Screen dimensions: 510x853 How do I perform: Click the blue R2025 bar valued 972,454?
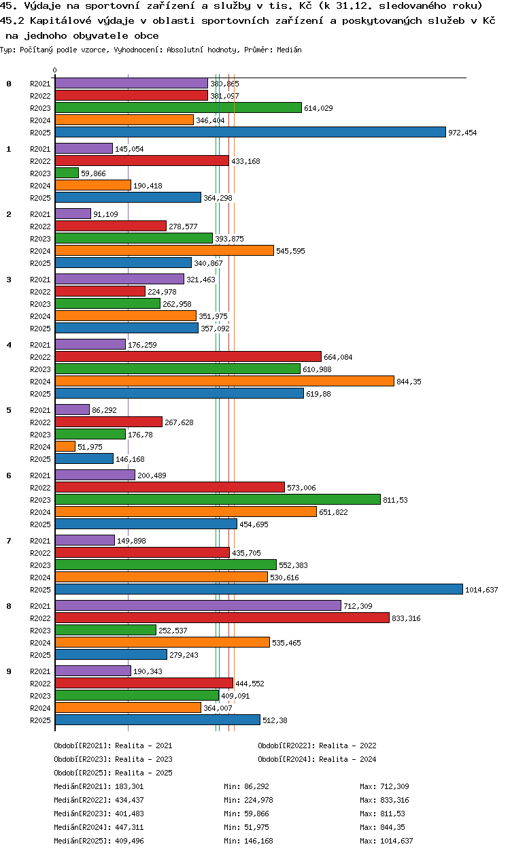click(250, 132)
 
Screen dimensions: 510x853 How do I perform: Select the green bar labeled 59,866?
click(67, 173)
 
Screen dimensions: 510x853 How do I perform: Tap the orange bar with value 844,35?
click(224, 381)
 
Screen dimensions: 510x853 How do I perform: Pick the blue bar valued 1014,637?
click(259, 589)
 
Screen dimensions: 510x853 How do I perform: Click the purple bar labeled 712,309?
click(198, 605)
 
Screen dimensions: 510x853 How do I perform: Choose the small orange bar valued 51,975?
click(65, 446)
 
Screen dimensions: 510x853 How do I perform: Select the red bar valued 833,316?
click(222, 618)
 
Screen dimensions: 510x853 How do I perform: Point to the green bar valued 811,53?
click(218, 499)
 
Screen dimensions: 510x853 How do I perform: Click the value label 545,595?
click(290, 251)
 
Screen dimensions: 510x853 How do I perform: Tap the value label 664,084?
click(338, 357)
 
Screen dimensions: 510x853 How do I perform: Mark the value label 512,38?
click(275, 720)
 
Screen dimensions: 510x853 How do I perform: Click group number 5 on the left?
click(9, 410)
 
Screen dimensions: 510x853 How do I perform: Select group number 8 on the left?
click(9, 606)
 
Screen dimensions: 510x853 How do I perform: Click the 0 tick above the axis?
click(55, 70)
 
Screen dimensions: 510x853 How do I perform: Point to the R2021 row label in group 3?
click(40, 280)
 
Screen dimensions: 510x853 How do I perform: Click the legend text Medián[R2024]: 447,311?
click(99, 827)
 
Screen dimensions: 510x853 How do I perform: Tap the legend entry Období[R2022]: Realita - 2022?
click(317, 746)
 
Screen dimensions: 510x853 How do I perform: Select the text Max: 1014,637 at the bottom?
click(386, 841)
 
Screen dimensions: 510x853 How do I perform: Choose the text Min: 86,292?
click(246, 786)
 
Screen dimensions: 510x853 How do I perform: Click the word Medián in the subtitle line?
click(289, 50)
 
